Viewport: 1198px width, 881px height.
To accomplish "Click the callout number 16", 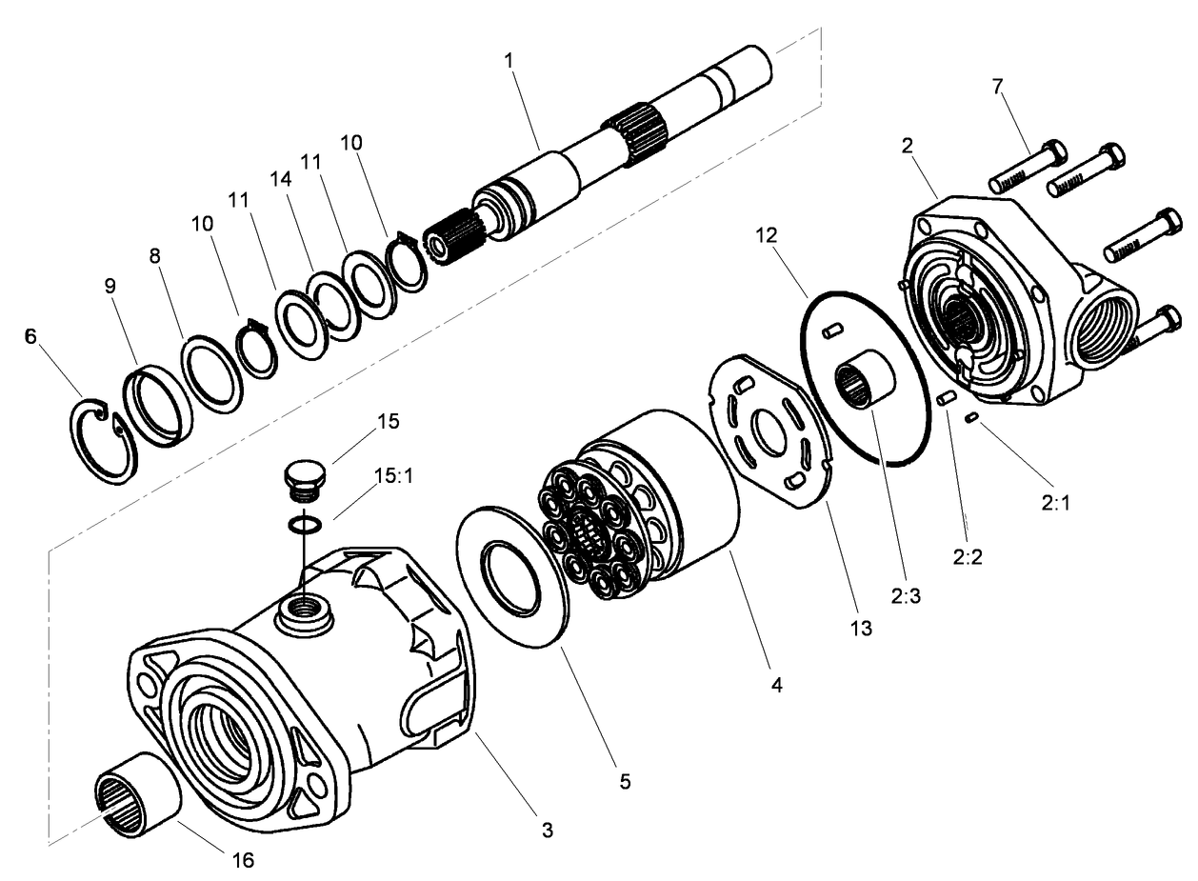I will point(244,860).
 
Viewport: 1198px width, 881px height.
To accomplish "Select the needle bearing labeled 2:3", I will point(866,379).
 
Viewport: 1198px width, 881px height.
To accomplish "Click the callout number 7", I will point(997,87).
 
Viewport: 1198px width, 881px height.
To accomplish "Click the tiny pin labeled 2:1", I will point(972,416).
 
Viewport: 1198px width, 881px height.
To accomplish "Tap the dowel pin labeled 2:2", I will point(947,399).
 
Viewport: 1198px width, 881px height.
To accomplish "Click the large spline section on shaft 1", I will point(631,133).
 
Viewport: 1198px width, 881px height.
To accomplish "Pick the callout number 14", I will point(279,177).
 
